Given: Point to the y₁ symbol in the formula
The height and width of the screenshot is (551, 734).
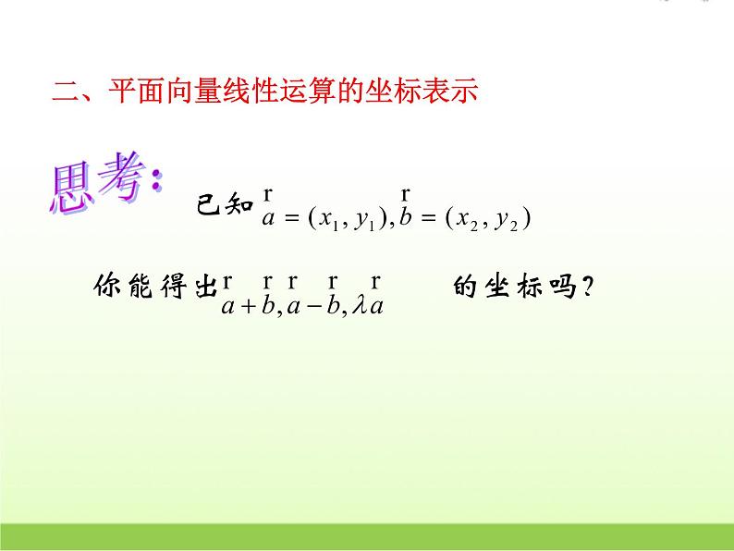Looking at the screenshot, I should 366,219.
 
